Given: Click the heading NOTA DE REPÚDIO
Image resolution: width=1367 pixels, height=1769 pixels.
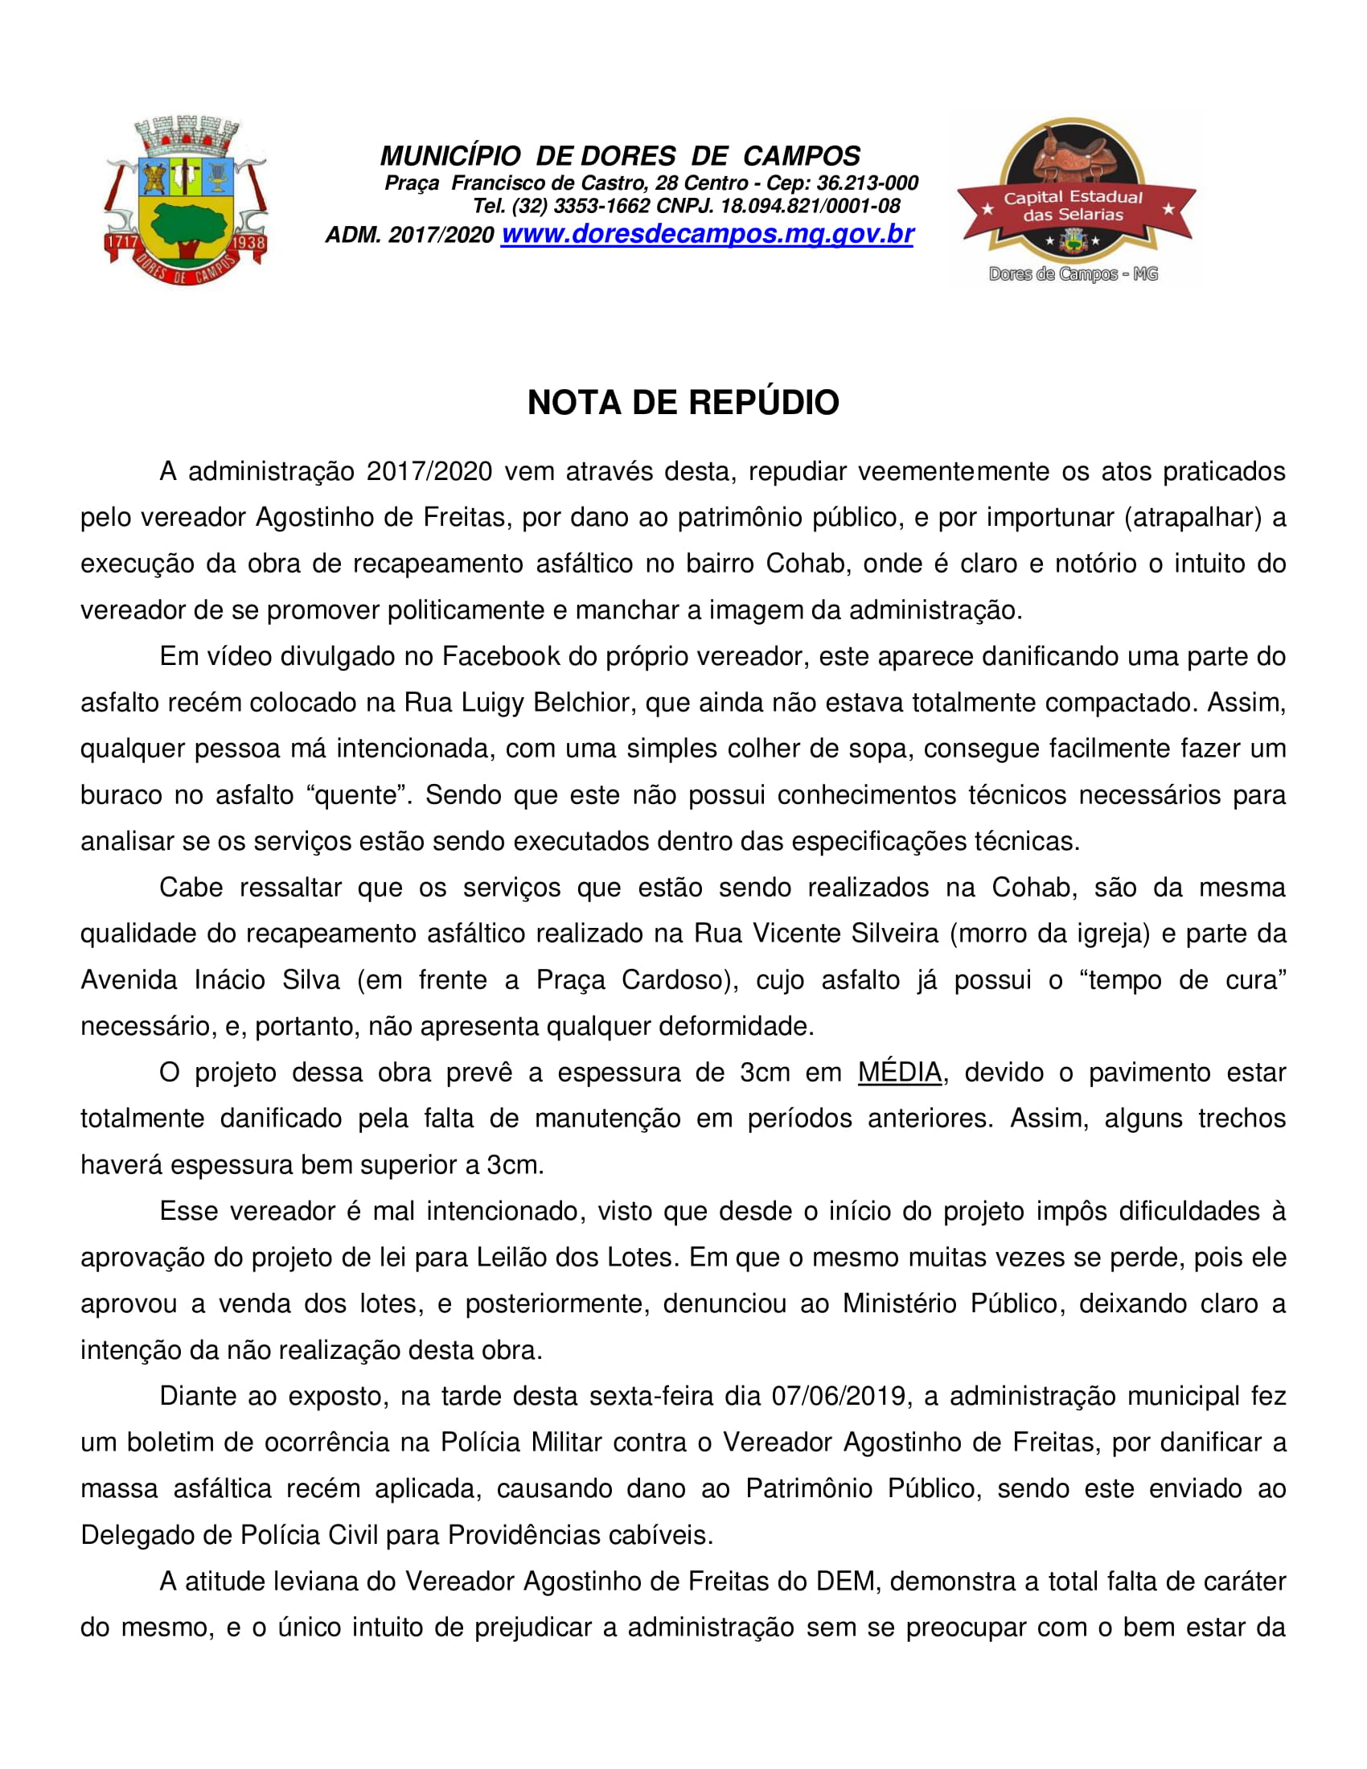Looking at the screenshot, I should coord(683,403).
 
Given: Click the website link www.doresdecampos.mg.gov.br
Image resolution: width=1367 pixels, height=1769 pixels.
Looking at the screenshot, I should coord(707,234).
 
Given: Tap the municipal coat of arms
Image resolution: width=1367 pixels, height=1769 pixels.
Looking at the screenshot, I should coord(187,200).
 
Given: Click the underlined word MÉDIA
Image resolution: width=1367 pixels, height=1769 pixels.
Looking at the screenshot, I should coord(900,1073).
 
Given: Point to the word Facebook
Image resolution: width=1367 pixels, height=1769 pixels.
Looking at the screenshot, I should coord(500,656).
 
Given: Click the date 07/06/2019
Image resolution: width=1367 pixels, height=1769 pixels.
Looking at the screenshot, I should coord(838,1396).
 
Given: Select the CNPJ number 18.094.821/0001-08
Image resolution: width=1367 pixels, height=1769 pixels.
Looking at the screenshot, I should coord(810,207).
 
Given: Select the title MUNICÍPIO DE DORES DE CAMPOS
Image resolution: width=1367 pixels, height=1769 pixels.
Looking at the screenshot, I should coord(619,155).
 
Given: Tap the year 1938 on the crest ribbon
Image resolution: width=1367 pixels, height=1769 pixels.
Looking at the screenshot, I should coord(248,242).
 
